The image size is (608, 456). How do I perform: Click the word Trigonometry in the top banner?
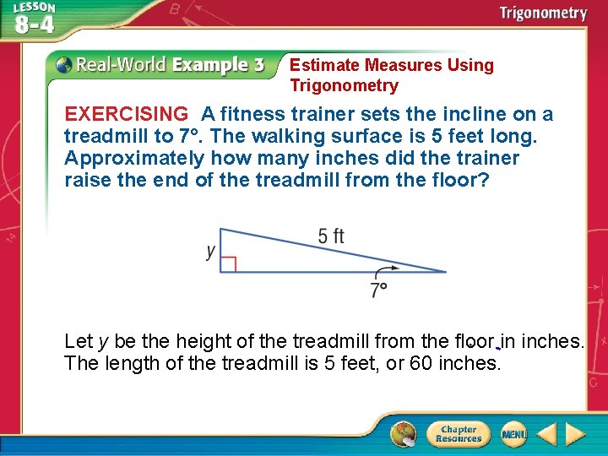point(543,13)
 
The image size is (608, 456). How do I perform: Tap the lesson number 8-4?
point(34,24)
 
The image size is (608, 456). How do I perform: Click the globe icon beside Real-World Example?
point(63,65)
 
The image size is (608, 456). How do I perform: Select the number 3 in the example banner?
point(258,65)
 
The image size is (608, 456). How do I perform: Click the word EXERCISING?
point(127,114)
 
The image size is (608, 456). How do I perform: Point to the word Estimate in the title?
point(324,65)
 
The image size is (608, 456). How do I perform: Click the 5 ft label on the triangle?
point(331,236)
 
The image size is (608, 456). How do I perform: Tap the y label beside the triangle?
point(210,252)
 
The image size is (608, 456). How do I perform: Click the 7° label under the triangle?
point(378,291)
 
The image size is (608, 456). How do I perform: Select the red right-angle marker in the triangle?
point(227,264)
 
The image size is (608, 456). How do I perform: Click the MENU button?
point(513,434)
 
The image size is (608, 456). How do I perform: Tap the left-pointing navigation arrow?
point(546,434)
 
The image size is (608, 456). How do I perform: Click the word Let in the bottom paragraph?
point(79,342)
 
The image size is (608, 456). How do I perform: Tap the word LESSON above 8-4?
point(34,7)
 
